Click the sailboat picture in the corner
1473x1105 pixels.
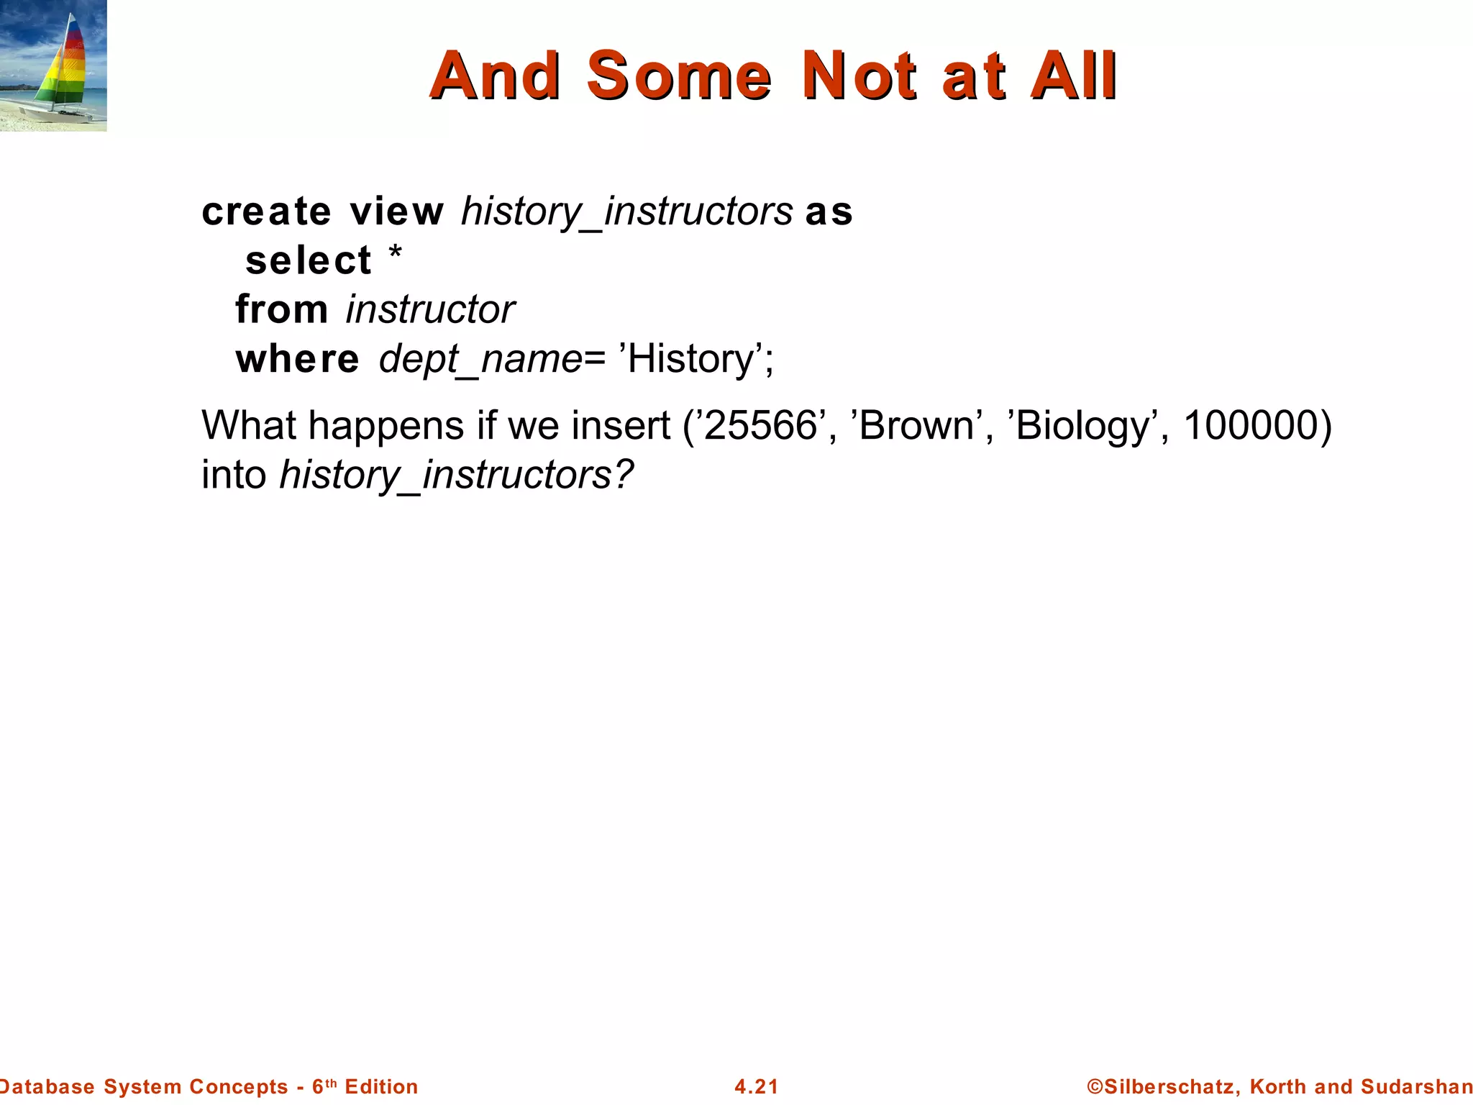(53, 65)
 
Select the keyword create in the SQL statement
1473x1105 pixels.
(266, 212)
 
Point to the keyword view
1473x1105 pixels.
(397, 212)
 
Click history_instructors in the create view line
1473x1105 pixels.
(626, 212)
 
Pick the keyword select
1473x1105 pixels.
(309, 260)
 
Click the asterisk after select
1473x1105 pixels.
(395, 253)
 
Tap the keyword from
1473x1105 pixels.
(281, 309)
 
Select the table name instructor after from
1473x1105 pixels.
(430, 309)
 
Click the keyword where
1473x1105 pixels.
(297, 358)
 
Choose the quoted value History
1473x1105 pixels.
(690, 358)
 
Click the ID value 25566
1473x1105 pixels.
(760, 425)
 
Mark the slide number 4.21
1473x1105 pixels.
(757, 1086)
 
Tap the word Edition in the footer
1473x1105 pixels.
(381, 1086)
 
